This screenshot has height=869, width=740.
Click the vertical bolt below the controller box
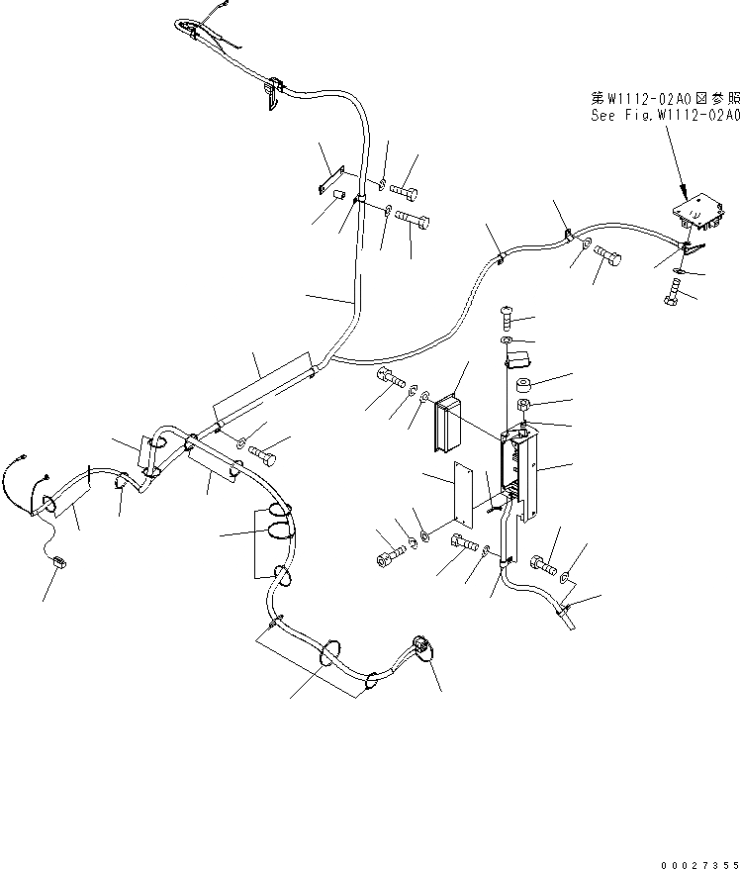pos(673,291)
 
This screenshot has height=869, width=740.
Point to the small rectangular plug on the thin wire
pos(58,565)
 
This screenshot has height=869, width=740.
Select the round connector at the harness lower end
pos(421,648)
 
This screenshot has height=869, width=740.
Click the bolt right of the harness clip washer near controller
pos(605,258)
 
